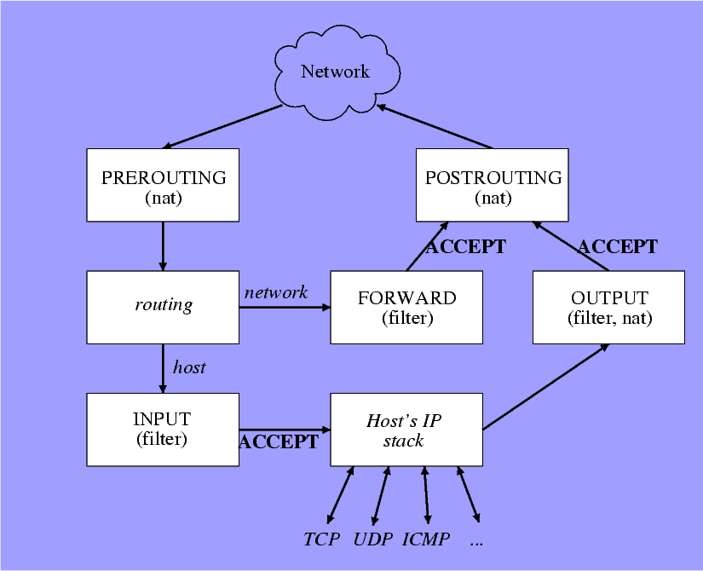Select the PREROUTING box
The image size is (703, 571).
[163, 185]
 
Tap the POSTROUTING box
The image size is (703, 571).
[492, 185]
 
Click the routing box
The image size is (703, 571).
[163, 307]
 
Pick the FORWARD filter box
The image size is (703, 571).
[406, 307]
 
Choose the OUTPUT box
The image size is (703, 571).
[608, 307]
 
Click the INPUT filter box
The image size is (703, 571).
[163, 430]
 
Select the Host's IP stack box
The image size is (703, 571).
[406, 430]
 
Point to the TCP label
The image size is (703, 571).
[321, 539]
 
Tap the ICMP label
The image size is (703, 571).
[425, 539]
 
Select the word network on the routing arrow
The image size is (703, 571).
[275, 292]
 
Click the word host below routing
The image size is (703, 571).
[189, 367]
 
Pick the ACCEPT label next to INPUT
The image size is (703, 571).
[279, 441]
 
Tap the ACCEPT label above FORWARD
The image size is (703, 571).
[465, 247]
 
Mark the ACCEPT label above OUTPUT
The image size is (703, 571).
[617, 247]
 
